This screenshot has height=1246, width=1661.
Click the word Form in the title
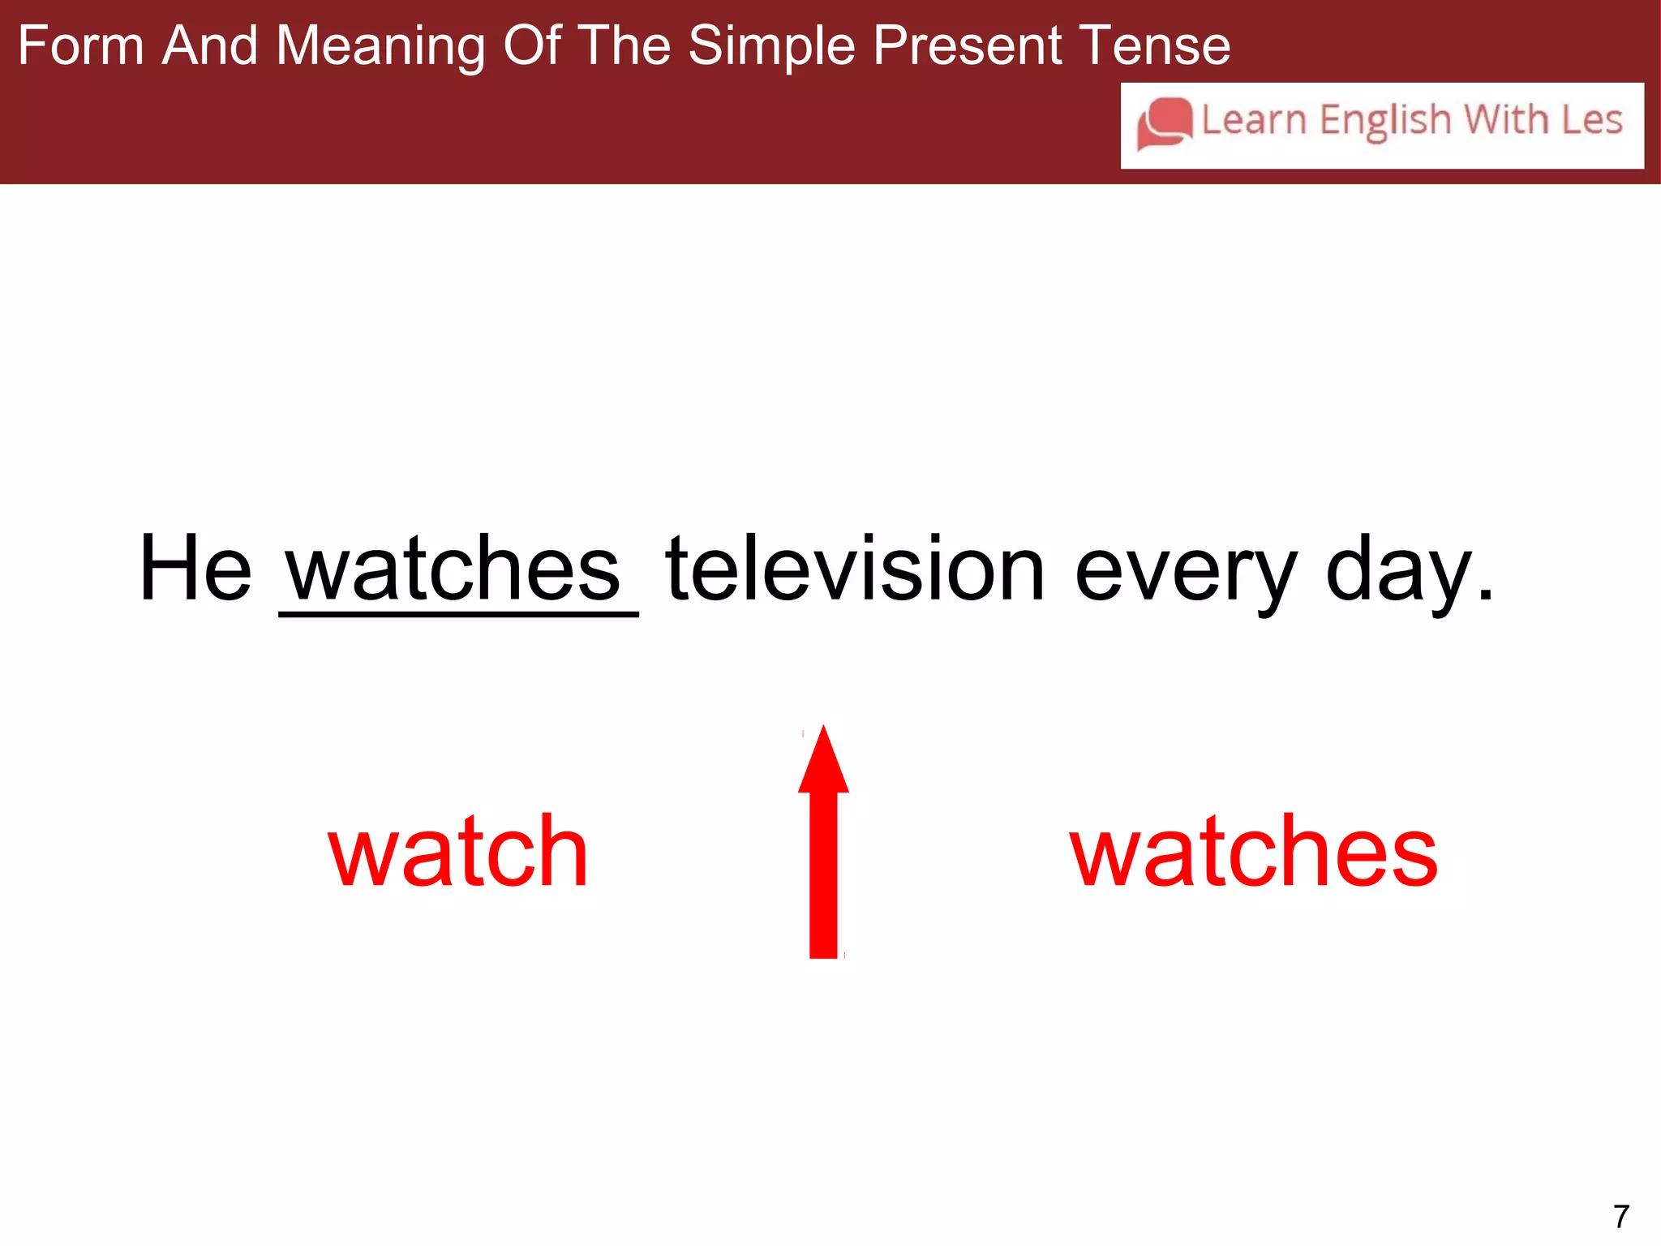pyautogui.click(x=80, y=45)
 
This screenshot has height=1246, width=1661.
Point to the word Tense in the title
pyautogui.click(x=1152, y=45)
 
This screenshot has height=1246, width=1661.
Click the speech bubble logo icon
pyautogui.click(x=1165, y=123)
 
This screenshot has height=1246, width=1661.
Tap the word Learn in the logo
pyautogui.click(x=1253, y=120)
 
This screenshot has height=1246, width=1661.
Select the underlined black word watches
pyautogui.click(x=454, y=569)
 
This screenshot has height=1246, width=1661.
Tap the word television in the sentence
pyautogui.click(x=855, y=569)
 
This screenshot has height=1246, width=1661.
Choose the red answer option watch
pyautogui.click(x=457, y=852)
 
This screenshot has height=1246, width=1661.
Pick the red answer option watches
pyautogui.click(x=1254, y=852)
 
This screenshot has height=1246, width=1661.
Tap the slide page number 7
pyautogui.click(x=1620, y=1217)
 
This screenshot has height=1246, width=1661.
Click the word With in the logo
pyautogui.click(x=1506, y=120)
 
